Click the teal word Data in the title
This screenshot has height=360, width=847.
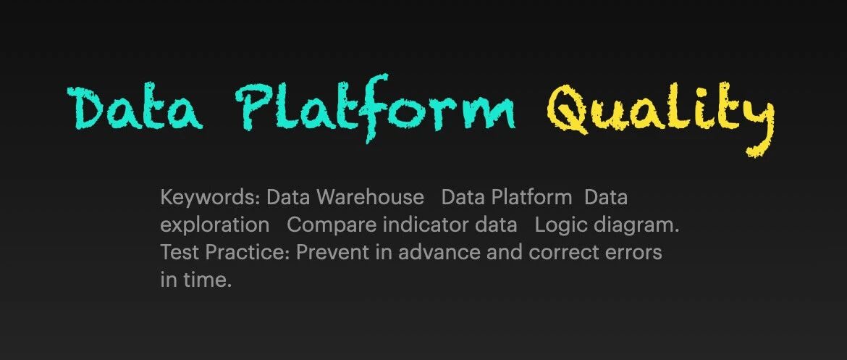135,108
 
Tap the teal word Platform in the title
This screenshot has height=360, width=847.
375,108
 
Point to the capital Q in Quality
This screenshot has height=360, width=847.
568,110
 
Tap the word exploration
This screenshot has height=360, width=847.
214,225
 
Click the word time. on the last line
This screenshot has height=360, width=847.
206,280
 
